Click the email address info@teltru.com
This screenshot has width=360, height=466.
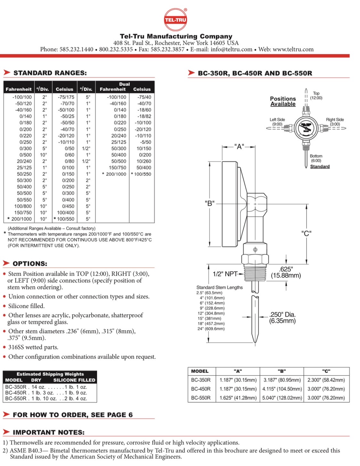coord(232,49)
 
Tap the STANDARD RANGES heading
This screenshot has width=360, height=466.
coord(50,73)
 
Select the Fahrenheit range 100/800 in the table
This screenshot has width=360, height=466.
coord(23,206)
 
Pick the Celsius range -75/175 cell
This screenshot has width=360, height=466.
coord(66,97)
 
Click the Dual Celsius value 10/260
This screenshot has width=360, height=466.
coord(144,161)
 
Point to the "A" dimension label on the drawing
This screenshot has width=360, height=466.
coord(239,147)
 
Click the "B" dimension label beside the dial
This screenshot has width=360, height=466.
coord(210,203)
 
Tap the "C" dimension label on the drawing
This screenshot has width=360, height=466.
coord(306,233)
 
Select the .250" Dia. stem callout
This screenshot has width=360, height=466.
coord(282,317)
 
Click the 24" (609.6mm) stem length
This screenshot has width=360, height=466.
coord(211,329)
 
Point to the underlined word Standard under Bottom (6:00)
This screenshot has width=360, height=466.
coord(320,166)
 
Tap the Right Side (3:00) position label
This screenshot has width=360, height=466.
coord(335,122)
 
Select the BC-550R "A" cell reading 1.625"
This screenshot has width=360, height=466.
coord(238,398)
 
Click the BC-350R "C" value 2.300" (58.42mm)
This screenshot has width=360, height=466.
coord(326,380)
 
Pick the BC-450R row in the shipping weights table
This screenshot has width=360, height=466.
coord(46,393)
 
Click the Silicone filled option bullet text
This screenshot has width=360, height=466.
coord(26,306)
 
